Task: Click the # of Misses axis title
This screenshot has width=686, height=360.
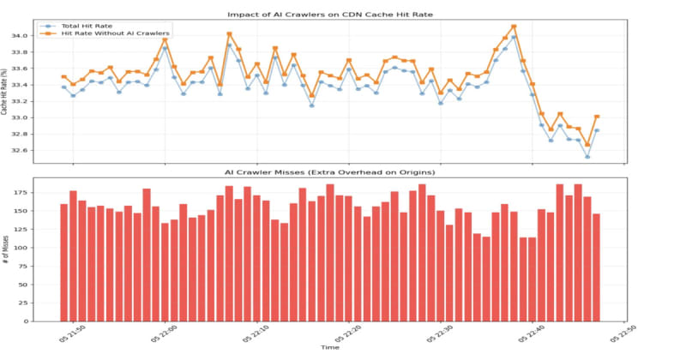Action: (9, 250)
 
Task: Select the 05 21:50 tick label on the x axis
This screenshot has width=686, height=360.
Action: (70, 333)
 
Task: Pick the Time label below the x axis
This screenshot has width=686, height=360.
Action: (330, 347)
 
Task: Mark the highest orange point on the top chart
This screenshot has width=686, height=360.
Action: (514, 27)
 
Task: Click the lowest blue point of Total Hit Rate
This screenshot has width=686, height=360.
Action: (587, 157)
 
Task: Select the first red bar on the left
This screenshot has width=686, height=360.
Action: (64, 262)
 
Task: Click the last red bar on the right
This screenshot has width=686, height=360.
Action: (597, 267)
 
